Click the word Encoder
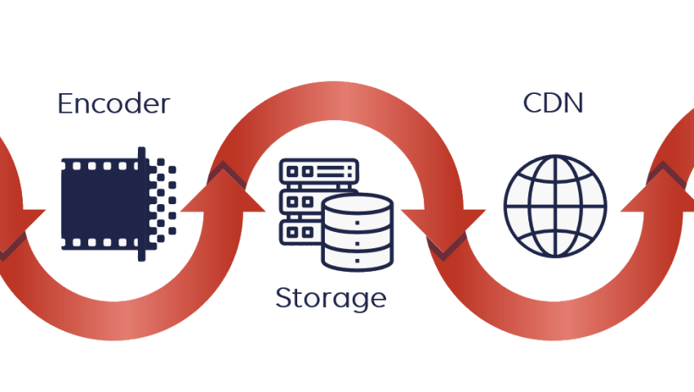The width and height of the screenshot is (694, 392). (x=113, y=104)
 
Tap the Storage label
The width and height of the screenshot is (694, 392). (x=330, y=297)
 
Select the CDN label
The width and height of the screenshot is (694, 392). (x=553, y=104)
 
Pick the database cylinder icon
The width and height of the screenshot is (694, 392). (x=358, y=233)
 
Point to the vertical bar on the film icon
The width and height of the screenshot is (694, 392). (x=142, y=204)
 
